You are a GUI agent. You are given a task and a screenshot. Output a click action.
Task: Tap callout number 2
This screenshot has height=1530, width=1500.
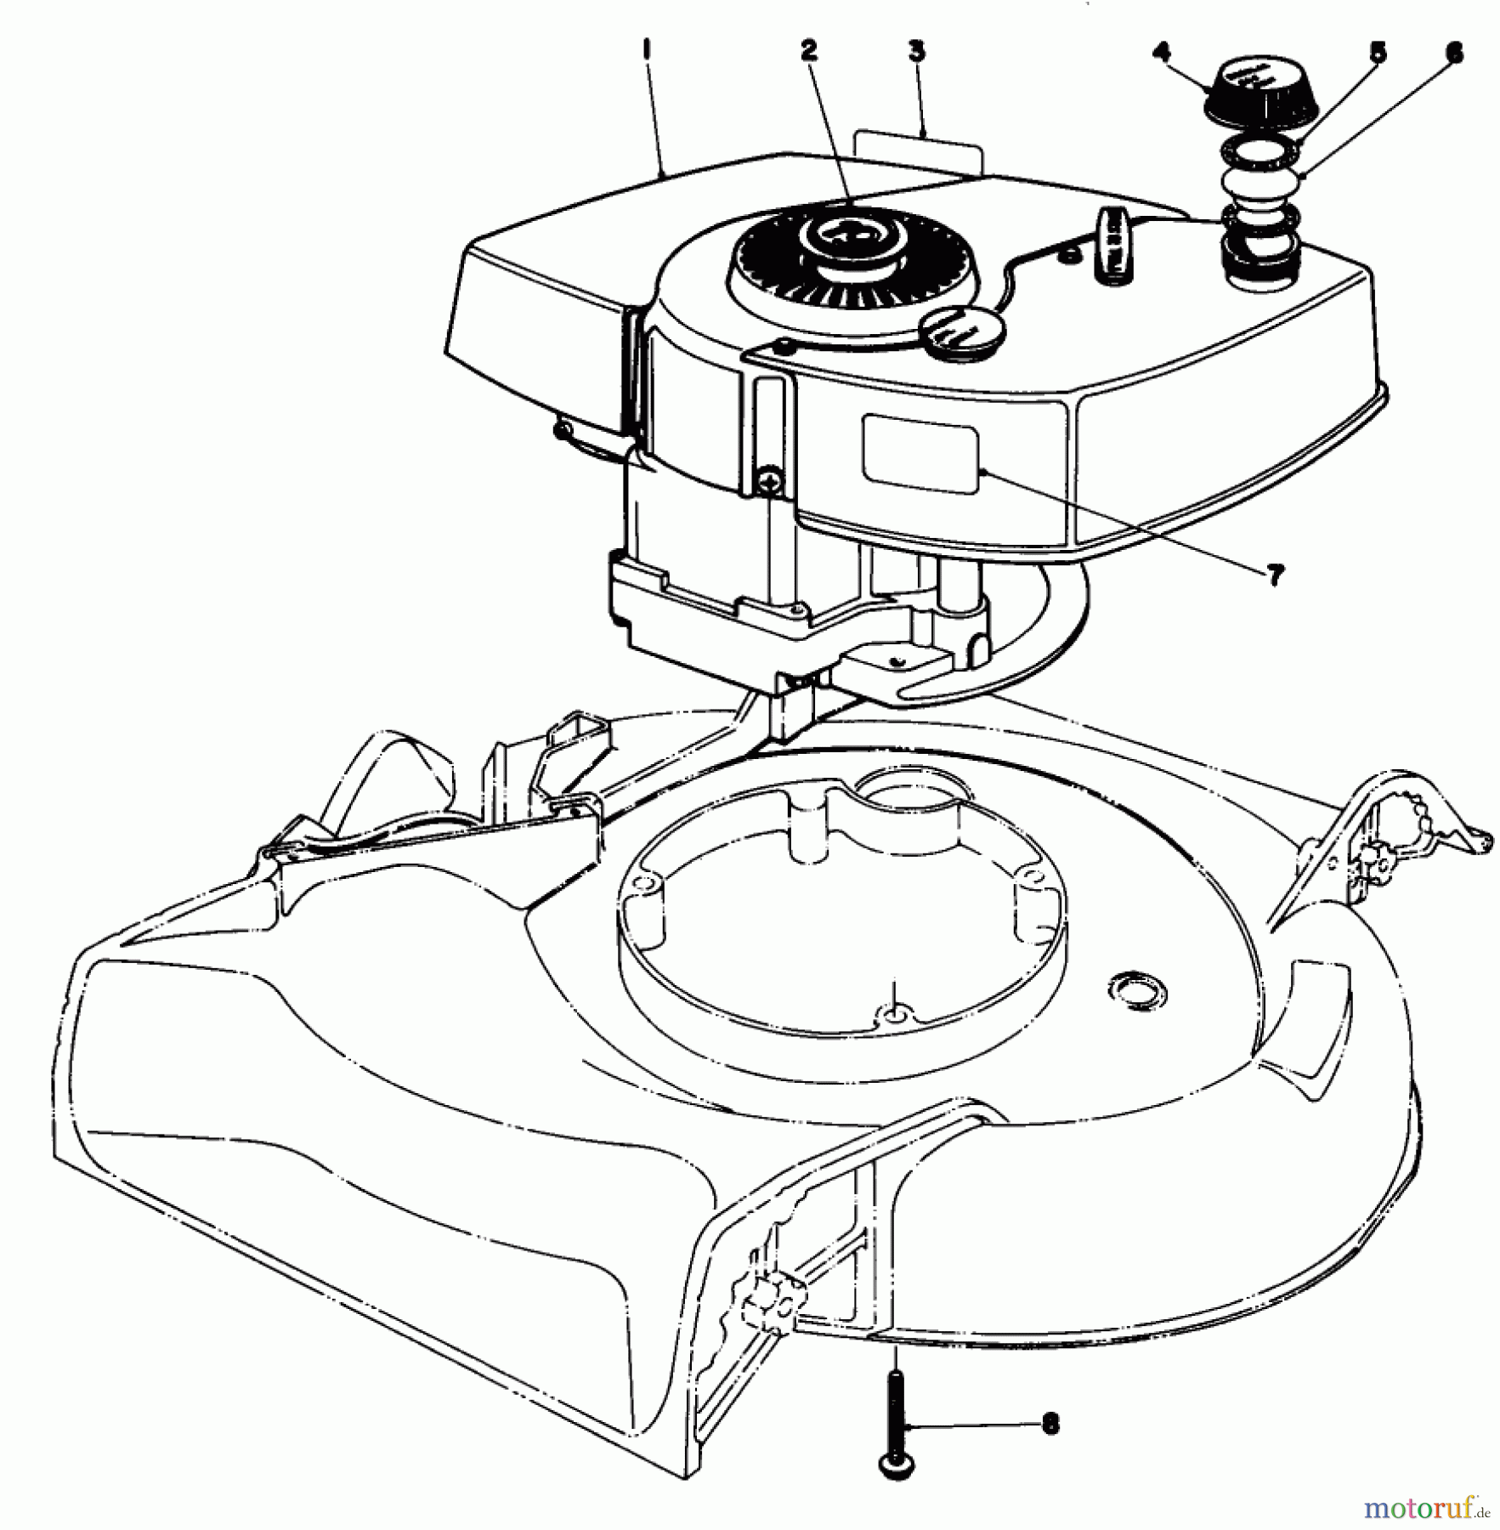[807, 50]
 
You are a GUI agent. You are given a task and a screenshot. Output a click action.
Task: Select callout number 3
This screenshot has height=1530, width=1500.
[916, 50]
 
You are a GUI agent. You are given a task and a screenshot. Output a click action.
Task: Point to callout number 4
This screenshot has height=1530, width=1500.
[1160, 53]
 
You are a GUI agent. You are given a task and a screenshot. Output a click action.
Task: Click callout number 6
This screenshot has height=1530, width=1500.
[1454, 53]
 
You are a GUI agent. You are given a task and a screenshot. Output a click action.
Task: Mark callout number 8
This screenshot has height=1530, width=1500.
[1050, 1424]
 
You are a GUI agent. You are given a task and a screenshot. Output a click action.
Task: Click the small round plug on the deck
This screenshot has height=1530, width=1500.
[1137, 989]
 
